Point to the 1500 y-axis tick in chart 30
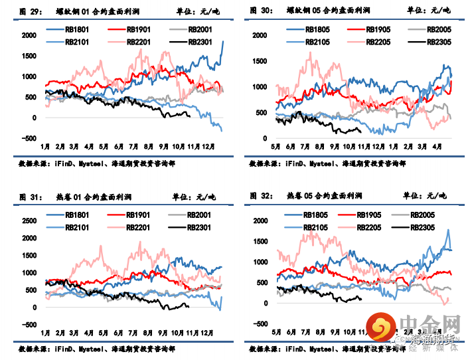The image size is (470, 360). point(259,61)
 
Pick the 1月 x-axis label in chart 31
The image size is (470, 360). point(46,331)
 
